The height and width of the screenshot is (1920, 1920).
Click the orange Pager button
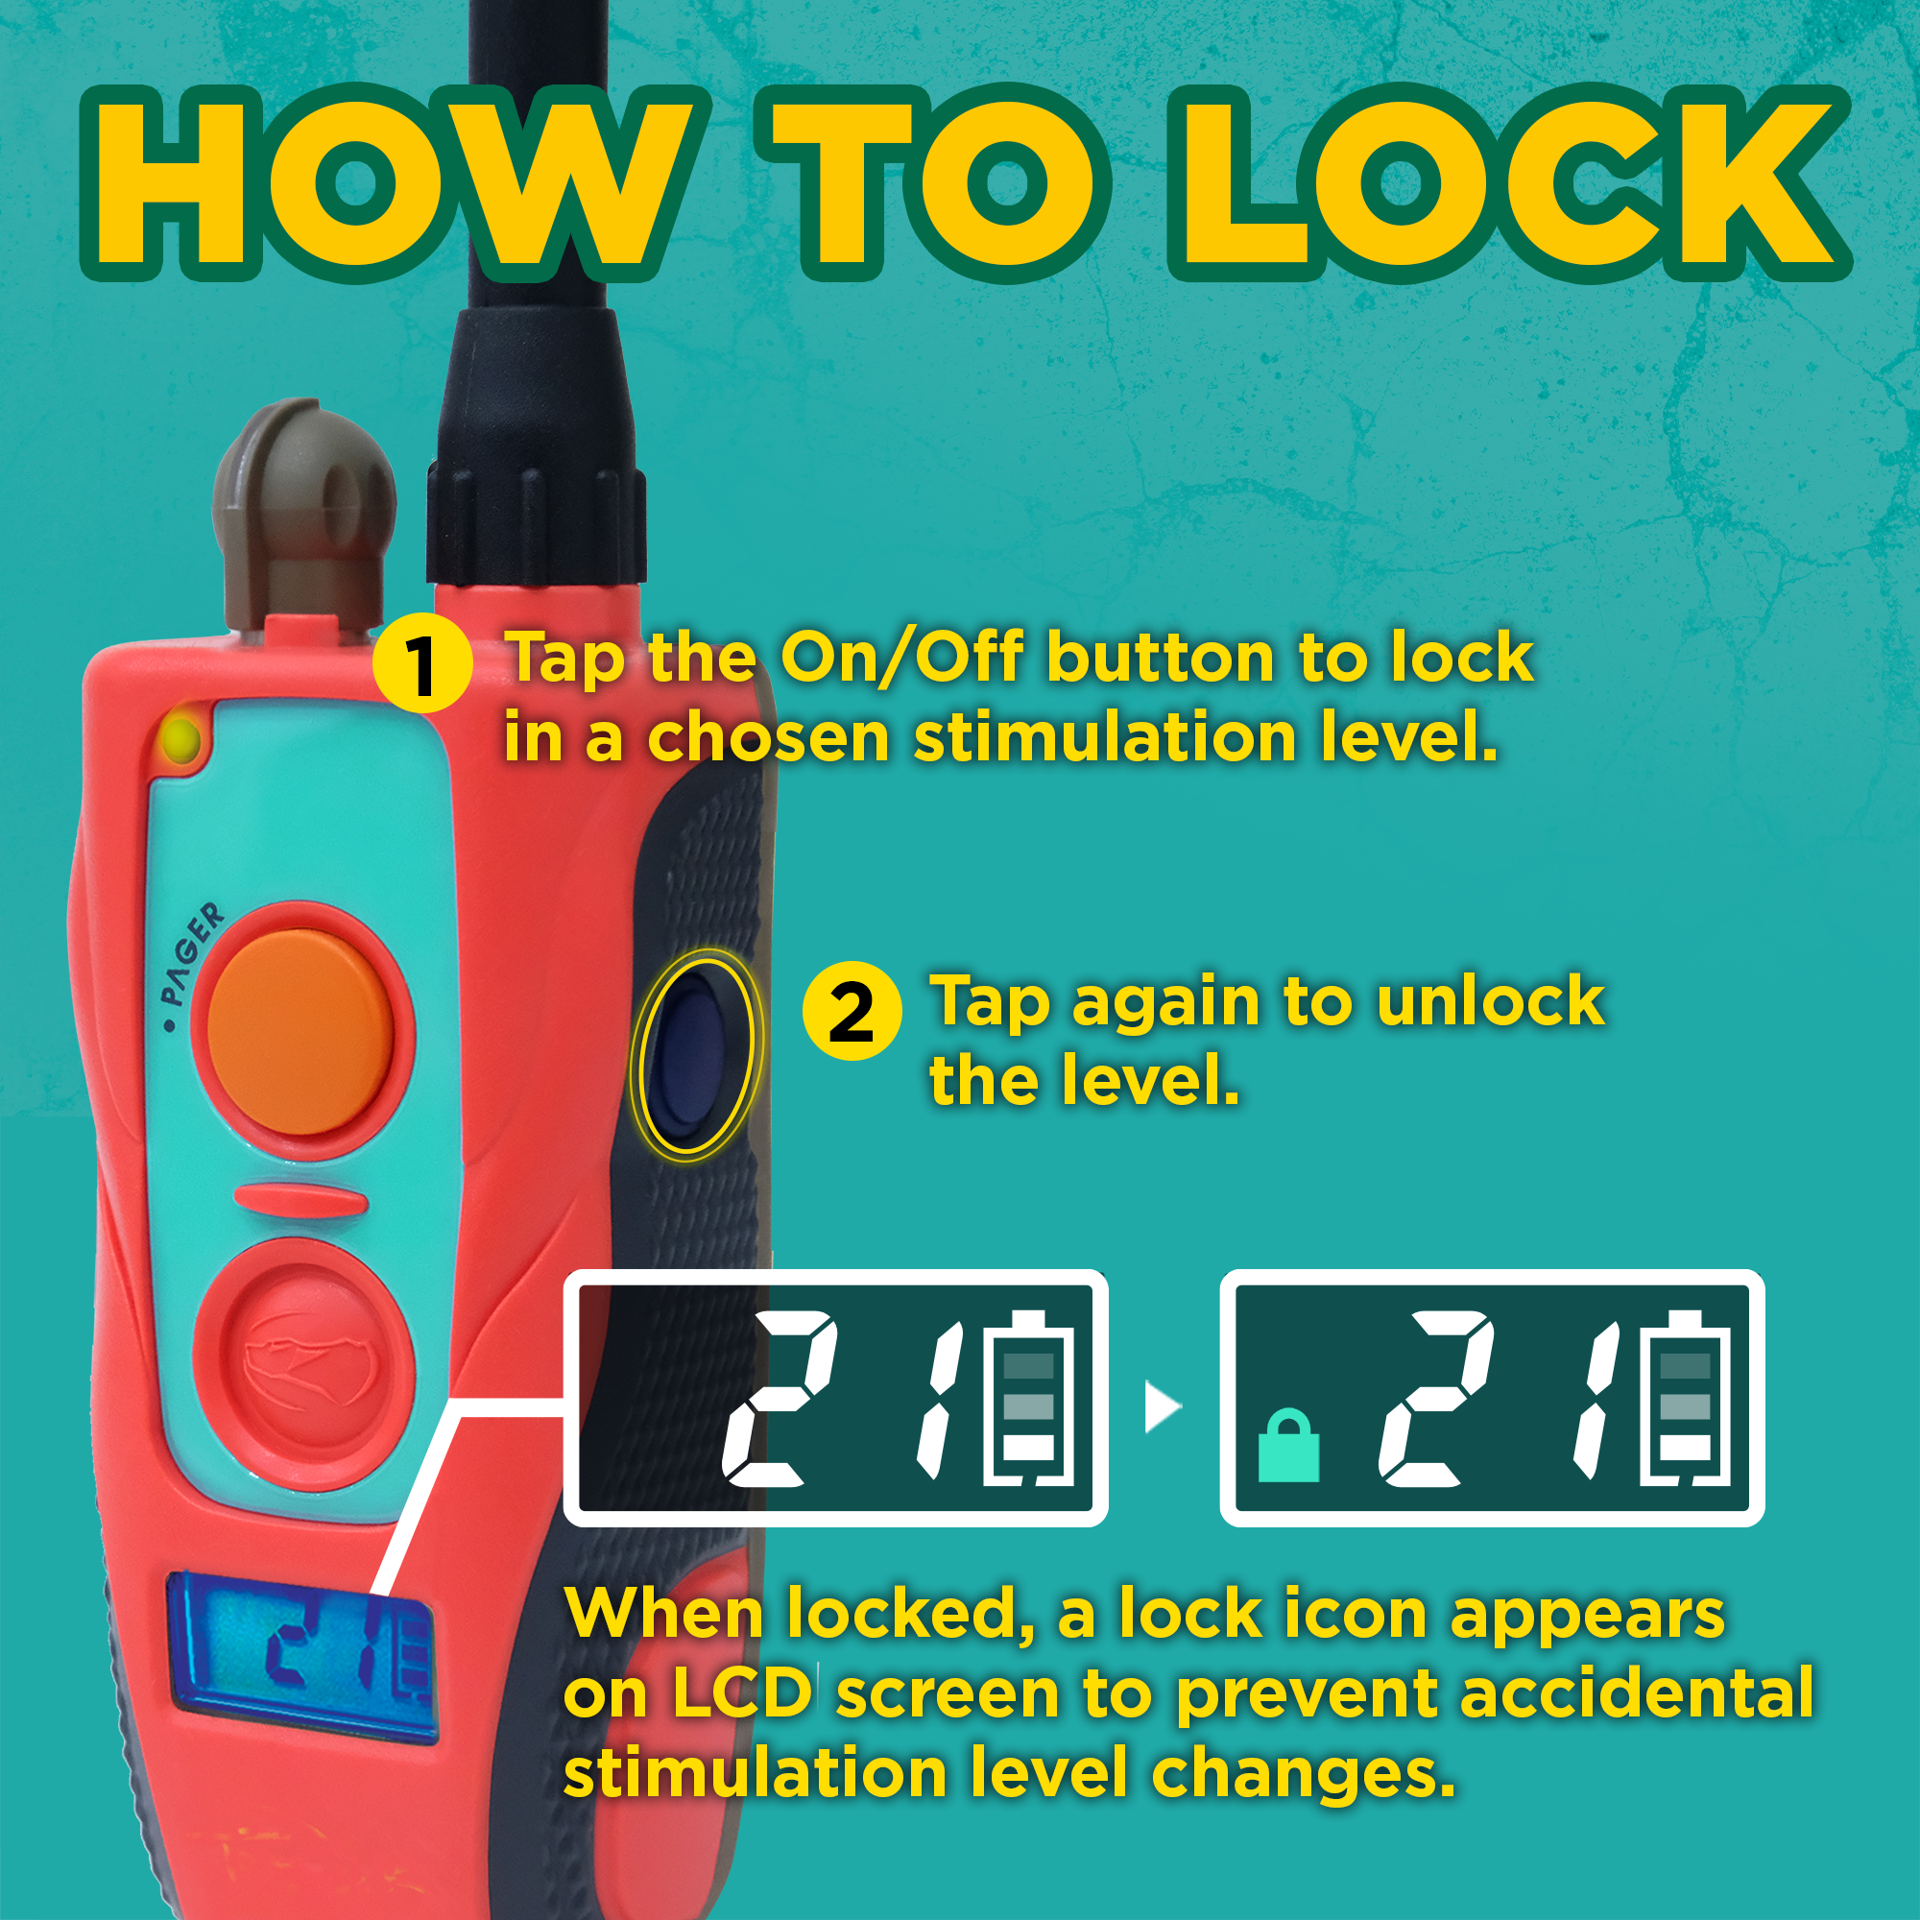[x=301, y=1032]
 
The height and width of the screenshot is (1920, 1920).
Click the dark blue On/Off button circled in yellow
[x=693, y=1055]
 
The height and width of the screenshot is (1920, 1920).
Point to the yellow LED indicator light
[x=180, y=740]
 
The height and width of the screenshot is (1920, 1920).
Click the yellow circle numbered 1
[x=422, y=662]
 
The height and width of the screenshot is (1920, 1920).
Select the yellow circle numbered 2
[x=852, y=1011]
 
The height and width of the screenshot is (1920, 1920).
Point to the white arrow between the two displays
[x=1161, y=1407]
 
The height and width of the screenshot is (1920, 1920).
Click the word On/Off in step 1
[x=900, y=658]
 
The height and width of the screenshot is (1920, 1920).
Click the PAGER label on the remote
[x=192, y=954]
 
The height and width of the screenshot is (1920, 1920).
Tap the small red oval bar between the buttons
[x=301, y=1201]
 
